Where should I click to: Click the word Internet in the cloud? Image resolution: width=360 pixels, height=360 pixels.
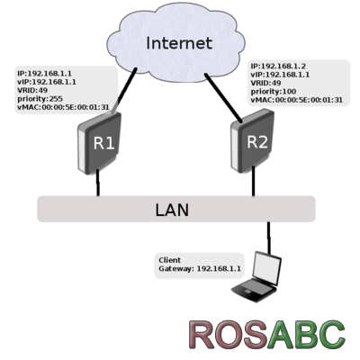click(x=179, y=43)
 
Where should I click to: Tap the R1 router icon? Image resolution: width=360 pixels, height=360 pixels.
click(x=100, y=143)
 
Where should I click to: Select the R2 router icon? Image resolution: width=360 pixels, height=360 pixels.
click(x=253, y=140)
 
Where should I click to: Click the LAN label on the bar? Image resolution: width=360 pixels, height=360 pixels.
click(x=172, y=210)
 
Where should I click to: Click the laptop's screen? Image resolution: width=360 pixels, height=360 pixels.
click(x=266, y=268)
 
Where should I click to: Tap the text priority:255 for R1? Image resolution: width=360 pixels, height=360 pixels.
click(x=40, y=99)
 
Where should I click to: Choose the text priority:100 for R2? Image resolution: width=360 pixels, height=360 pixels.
click(x=274, y=92)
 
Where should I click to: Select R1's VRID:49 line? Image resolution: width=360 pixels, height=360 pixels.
click(x=32, y=90)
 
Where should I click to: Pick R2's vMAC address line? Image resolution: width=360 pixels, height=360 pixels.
click(x=296, y=100)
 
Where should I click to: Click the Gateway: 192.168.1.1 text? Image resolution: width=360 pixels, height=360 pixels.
click(x=200, y=268)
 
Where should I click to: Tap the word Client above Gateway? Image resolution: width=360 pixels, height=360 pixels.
click(x=170, y=260)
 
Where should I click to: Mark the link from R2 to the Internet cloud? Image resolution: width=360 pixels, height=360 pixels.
click(x=223, y=98)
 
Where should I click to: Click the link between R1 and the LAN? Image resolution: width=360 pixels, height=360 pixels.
click(x=98, y=183)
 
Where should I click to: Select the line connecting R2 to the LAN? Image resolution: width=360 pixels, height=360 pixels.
click(x=254, y=182)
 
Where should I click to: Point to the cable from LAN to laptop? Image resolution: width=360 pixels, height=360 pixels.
click(x=269, y=238)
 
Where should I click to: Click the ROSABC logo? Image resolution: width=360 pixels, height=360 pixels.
click(x=267, y=335)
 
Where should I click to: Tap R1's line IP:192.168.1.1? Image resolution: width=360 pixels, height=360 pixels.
click(x=44, y=74)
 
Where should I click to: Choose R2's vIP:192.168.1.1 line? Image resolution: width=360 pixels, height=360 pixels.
click(x=280, y=75)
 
